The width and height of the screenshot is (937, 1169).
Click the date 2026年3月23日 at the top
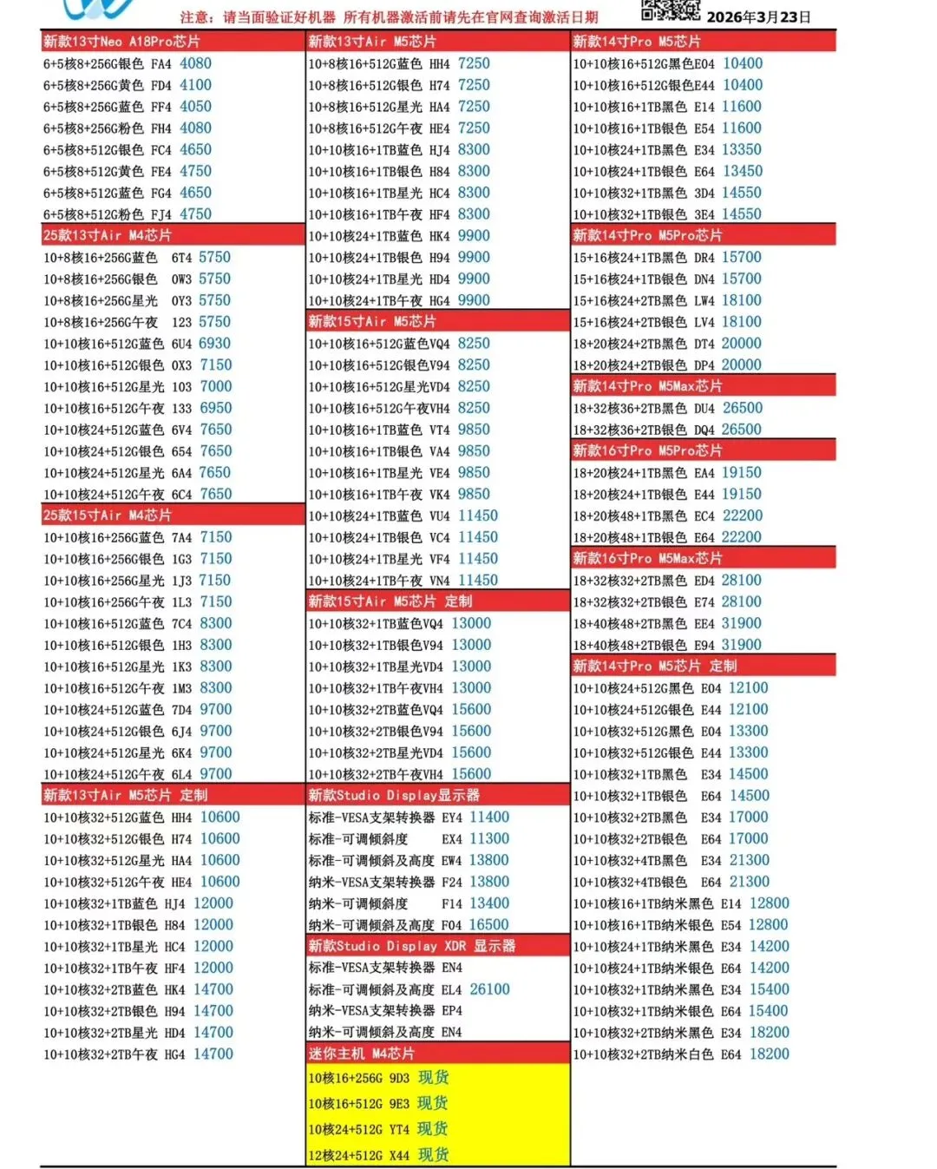pos(758,16)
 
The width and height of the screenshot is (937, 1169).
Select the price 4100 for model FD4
pos(195,85)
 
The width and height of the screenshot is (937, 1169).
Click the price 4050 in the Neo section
pos(195,107)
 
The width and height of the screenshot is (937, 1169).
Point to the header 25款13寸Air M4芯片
pos(108,235)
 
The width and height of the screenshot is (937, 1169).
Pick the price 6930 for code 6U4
pos(214,344)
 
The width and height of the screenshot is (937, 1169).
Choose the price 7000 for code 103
pos(215,386)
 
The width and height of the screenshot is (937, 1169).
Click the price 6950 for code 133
pos(215,408)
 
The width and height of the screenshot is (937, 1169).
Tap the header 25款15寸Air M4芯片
pos(108,516)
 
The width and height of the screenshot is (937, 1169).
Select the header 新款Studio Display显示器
pos(394,795)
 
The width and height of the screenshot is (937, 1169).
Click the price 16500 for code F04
pos(488,925)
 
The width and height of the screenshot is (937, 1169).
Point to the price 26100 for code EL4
pos(489,989)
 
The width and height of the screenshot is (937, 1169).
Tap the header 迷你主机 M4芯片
pos(362,1054)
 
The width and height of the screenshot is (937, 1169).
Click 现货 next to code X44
pos(433,1155)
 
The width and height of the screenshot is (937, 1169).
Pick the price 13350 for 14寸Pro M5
pos(741,150)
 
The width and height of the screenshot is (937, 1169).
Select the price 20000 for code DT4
pos(741,344)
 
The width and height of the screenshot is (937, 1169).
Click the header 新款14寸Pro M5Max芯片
pos(647,386)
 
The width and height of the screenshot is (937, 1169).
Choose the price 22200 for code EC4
pos(742,516)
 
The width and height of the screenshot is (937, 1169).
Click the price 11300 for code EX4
pos(489,839)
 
